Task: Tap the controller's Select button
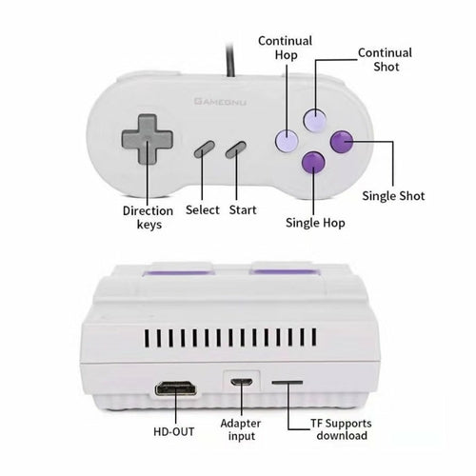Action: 205,149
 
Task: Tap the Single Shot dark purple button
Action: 341,142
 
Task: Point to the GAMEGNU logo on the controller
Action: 220,99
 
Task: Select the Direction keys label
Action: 149,217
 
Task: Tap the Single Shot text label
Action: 394,196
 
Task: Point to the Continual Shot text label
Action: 385,60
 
